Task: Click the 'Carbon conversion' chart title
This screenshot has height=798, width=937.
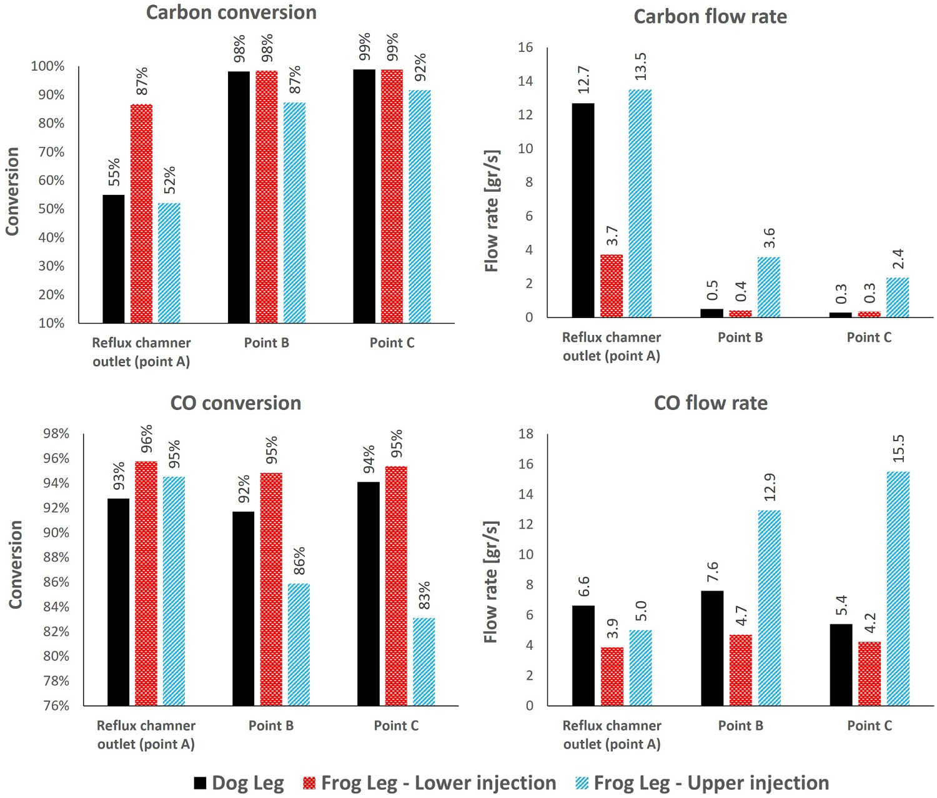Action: point(231,12)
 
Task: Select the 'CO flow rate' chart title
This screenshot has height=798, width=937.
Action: point(710,402)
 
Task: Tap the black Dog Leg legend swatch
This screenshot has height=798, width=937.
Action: point(200,782)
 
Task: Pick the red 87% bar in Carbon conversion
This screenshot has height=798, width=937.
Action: point(141,214)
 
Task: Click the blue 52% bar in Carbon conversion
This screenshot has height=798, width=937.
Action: point(169,263)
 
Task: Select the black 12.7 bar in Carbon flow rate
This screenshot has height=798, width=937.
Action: point(583,211)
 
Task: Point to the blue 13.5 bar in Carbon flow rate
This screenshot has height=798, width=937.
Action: point(640,204)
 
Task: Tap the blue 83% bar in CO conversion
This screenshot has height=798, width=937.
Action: point(424,662)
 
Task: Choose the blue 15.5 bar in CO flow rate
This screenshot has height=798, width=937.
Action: point(898,589)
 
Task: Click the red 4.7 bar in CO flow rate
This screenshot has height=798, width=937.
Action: point(741,670)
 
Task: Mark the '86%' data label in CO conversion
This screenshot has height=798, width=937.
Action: point(299,561)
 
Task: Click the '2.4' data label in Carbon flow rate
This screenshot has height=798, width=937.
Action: point(898,259)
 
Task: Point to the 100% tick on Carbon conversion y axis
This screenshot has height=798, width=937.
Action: point(48,66)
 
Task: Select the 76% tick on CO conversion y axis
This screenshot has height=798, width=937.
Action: point(56,706)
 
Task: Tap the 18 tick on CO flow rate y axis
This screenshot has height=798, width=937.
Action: point(527,434)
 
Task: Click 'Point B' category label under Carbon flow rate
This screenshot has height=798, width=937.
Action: point(740,337)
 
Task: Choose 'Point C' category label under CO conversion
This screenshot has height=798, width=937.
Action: point(396,726)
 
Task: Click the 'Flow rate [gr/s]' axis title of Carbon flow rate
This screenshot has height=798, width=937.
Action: point(492,211)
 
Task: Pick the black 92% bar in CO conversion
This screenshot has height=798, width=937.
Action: point(244,609)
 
